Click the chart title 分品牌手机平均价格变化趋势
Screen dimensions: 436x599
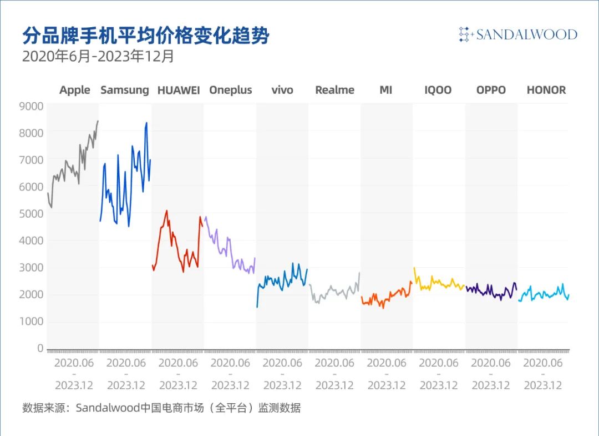tap(145, 36)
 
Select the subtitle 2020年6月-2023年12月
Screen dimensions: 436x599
tap(98, 57)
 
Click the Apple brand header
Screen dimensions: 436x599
tap(75, 90)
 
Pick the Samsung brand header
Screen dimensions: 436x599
tap(125, 90)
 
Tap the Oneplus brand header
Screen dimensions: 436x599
tap(230, 90)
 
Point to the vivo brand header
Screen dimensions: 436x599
tap(282, 90)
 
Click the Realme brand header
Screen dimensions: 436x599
tap(334, 90)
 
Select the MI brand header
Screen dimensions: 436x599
tap(386, 90)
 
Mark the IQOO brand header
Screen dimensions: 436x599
tap(438, 90)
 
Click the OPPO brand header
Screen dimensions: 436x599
tap(491, 90)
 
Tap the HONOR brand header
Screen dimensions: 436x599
tap(546, 90)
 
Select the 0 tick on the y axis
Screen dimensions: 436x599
tap(40, 348)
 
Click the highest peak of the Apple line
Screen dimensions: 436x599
tap(98, 121)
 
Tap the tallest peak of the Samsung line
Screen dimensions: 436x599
tap(146, 123)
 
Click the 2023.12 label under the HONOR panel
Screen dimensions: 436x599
tap(544, 385)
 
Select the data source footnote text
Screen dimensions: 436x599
tap(161, 408)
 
